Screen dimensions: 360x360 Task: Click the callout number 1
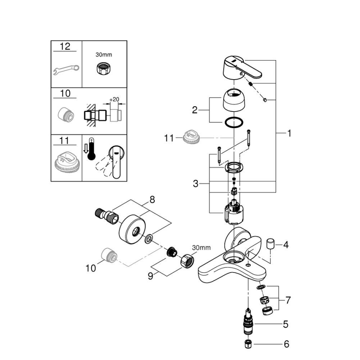[x=289, y=133]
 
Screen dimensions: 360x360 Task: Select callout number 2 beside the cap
[x=195, y=110]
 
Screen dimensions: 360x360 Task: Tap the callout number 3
[x=195, y=183]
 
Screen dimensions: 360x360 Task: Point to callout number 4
[x=285, y=245]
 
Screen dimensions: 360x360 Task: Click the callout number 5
[x=285, y=324]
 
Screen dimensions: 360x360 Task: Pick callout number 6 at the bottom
[x=285, y=344]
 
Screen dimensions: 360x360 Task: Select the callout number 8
[x=152, y=199]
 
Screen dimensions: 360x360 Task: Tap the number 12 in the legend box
[x=65, y=46]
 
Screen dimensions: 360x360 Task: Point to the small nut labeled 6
[x=248, y=344]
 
